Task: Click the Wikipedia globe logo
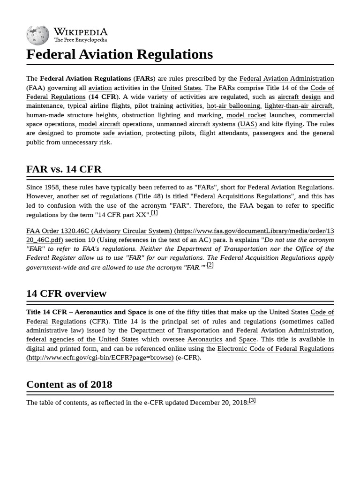coord(37,35)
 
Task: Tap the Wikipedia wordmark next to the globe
coord(80,32)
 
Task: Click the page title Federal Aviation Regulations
coord(120,54)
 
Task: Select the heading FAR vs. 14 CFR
coord(64,169)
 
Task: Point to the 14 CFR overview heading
coord(66,293)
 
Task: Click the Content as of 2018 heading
coord(69,384)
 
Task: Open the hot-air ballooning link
coord(233,106)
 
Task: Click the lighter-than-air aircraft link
coord(299,106)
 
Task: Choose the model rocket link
coord(246,115)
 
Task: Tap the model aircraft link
coord(99,124)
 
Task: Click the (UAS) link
coord(247,124)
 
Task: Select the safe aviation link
coord(122,133)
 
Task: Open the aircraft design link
coord(299,97)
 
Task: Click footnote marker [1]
coord(154,213)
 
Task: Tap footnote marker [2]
coord(210,265)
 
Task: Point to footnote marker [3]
coord(252,401)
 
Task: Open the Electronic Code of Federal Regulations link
coord(275,349)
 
